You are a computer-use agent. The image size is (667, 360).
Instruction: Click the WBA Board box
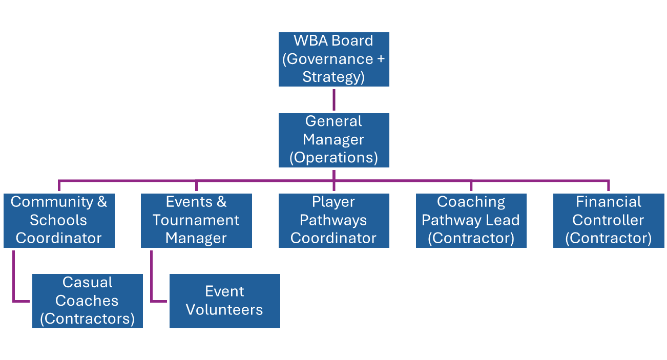pyautogui.click(x=333, y=59)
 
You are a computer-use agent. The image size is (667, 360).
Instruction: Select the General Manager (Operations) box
pyautogui.click(x=333, y=140)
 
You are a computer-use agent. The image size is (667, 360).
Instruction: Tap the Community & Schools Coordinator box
pyautogui.click(x=59, y=220)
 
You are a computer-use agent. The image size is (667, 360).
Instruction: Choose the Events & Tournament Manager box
pyautogui.click(x=196, y=220)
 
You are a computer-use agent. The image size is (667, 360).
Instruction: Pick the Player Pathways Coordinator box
pyautogui.click(x=333, y=220)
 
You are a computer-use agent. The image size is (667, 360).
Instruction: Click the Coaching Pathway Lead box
pyautogui.click(x=471, y=220)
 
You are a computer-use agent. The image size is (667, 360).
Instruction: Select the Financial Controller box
pyautogui.click(x=608, y=220)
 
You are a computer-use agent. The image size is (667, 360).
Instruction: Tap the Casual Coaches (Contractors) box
pyautogui.click(x=87, y=301)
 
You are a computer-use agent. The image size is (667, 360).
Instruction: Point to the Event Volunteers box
pyautogui.click(x=225, y=301)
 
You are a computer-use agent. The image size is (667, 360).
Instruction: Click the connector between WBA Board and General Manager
pyautogui.click(x=333, y=100)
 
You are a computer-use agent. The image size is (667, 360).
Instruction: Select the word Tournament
pyautogui.click(x=196, y=220)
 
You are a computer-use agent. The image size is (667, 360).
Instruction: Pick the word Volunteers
pyautogui.click(x=224, y=310)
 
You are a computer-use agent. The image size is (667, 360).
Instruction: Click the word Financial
pyautogui.click(x=608, y=202)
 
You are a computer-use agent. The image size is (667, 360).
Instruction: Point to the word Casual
pyautogui.click(x=87, y=282)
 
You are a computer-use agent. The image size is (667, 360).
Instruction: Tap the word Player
pyautogui.click(x=333, y=202)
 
